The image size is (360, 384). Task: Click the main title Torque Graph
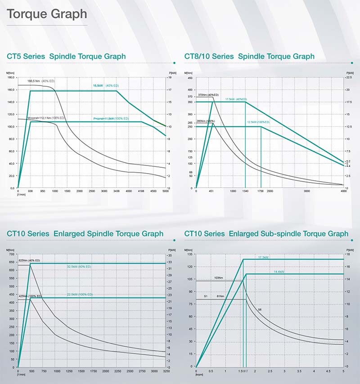[47, 14]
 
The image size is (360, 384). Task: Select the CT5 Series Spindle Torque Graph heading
[66, 57]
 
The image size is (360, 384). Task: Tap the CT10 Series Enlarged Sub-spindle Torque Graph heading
[266, 234]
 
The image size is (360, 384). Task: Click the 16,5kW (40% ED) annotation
[106, 85]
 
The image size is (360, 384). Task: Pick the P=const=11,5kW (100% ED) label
[111, 119]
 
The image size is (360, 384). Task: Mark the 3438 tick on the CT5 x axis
[116, 192]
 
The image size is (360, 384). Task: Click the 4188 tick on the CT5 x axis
[141, 192]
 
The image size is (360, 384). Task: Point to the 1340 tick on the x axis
[245, 191]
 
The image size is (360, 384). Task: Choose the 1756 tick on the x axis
[261, 191]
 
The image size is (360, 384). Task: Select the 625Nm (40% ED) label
[29, 260]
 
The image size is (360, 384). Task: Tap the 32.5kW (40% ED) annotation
[79, 267]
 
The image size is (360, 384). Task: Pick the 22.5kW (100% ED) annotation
[80, 295]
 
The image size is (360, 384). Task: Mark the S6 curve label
[260, 309]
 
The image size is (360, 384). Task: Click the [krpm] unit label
[199, 375]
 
